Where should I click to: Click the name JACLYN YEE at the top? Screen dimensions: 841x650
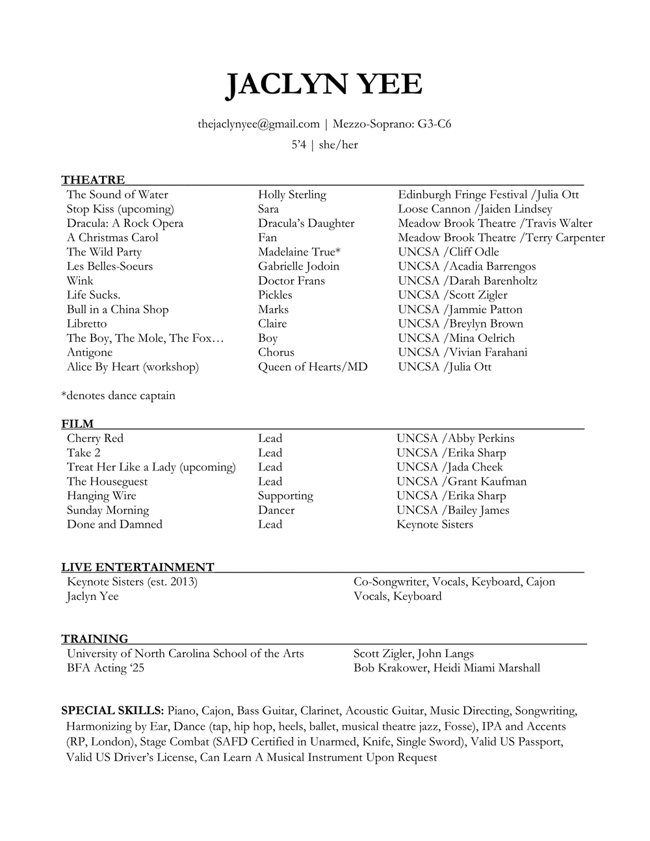pos(324,85)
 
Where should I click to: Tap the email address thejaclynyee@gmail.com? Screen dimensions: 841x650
pos(259,123)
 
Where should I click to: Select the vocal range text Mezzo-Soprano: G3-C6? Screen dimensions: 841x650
pos(392,123)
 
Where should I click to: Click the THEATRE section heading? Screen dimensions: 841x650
pos(93,180)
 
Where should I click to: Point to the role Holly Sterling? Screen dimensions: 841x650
pos(292,194)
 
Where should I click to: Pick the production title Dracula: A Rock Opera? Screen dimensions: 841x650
pos(125,223)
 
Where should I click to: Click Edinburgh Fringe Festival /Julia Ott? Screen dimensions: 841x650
pos(488,194)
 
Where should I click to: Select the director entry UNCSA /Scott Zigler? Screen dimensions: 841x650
pos(452,294)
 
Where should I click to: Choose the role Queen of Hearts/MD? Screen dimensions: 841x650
pos(313,367)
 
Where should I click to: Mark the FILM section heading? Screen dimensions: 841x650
pos(77,424)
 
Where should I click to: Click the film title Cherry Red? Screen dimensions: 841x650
pos(95,438)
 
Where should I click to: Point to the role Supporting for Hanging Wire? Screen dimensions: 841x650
pos(285,495)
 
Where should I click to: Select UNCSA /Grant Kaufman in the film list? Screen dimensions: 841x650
pos(461,481)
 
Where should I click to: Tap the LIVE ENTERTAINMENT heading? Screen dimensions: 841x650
pos(138,567)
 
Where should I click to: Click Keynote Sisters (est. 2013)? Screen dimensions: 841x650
pos(132,581)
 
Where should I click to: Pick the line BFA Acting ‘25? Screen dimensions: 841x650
pos(105,667)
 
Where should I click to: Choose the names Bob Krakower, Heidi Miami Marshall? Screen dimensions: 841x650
pos(447,667)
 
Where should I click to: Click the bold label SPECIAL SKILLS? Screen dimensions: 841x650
pos(112,710)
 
